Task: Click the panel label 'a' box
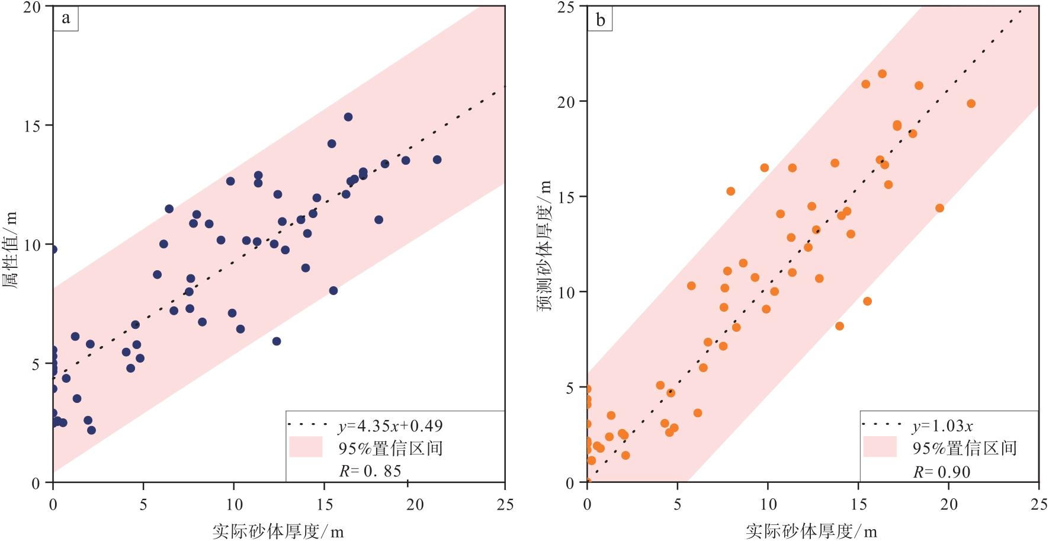66,19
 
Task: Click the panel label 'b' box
600,21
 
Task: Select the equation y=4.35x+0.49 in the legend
390,426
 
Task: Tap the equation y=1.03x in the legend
942,426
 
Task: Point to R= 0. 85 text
370,471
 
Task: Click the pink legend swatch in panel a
306,447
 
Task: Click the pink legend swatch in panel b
880,447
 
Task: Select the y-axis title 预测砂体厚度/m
545,246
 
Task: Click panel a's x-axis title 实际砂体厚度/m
278,531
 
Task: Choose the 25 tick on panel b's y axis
569,7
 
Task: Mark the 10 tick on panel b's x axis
768,504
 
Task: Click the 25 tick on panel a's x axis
505,504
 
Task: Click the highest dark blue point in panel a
348,117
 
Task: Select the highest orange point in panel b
882,74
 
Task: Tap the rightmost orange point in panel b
971,104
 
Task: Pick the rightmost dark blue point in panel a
437,160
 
